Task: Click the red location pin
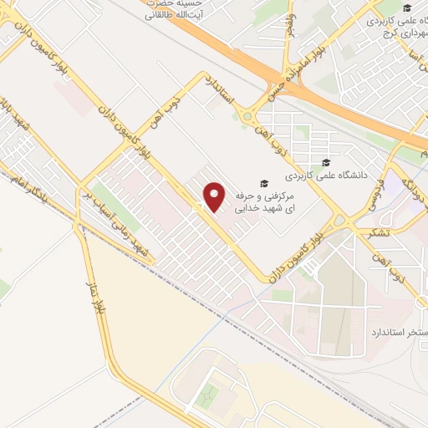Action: coord(215,197)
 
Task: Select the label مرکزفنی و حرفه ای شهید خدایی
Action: coord(265,201)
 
